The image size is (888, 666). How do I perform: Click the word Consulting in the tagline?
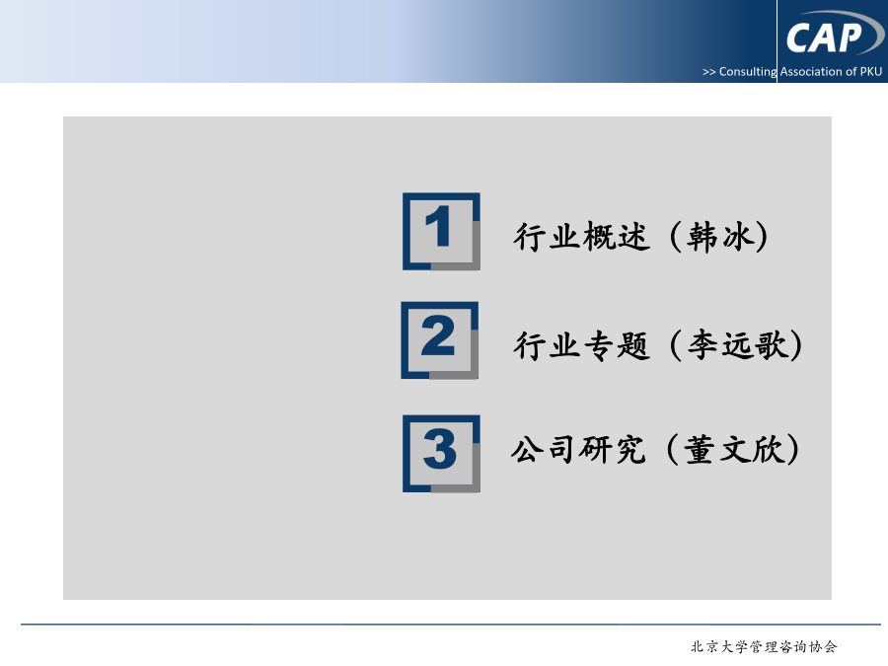pos(748,72)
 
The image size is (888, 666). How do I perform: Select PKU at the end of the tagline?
pos(871,71)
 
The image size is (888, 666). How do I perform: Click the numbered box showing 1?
pos(441,231)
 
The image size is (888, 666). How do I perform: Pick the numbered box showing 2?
pos(439,340)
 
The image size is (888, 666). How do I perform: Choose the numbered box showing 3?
pos(441,454)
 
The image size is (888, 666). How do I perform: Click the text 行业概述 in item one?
pos(581,236)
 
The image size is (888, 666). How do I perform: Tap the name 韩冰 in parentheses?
pos(720,236)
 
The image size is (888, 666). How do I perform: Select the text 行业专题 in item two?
pos(581,345)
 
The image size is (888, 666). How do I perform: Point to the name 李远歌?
pos(737,344)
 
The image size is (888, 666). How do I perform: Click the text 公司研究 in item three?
pos(578,450)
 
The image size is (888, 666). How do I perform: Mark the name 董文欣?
pos(733,450)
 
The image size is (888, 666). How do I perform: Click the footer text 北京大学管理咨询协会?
pos(764,646)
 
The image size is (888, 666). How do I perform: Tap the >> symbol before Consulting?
pos(709,72)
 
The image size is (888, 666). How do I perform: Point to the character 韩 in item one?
pos(703,236)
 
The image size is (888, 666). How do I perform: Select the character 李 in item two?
pos(703,344)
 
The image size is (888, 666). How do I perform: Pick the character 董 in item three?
pos(700,450)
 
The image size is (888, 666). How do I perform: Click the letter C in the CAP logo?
pos(798,38)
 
